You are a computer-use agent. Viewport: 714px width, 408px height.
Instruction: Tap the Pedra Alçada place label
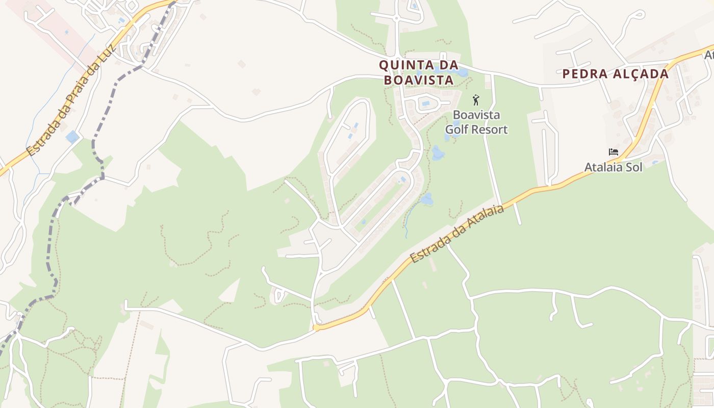point(615,74)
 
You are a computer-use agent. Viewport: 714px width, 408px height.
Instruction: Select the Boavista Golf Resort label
point(476,122)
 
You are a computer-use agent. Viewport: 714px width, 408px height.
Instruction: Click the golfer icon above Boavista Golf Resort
point(476,99)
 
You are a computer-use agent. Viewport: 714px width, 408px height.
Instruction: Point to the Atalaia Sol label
point(613,167)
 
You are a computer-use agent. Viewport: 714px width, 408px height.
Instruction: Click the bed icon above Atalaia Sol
point(613,152)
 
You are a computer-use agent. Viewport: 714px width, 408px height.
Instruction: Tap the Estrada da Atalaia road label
point(457,234)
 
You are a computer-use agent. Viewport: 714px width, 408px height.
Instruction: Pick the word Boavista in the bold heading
point(418,80)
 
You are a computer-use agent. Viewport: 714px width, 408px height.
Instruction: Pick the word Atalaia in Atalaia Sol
point(603,167)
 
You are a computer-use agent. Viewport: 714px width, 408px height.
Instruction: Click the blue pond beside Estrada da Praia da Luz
point(72,137)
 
